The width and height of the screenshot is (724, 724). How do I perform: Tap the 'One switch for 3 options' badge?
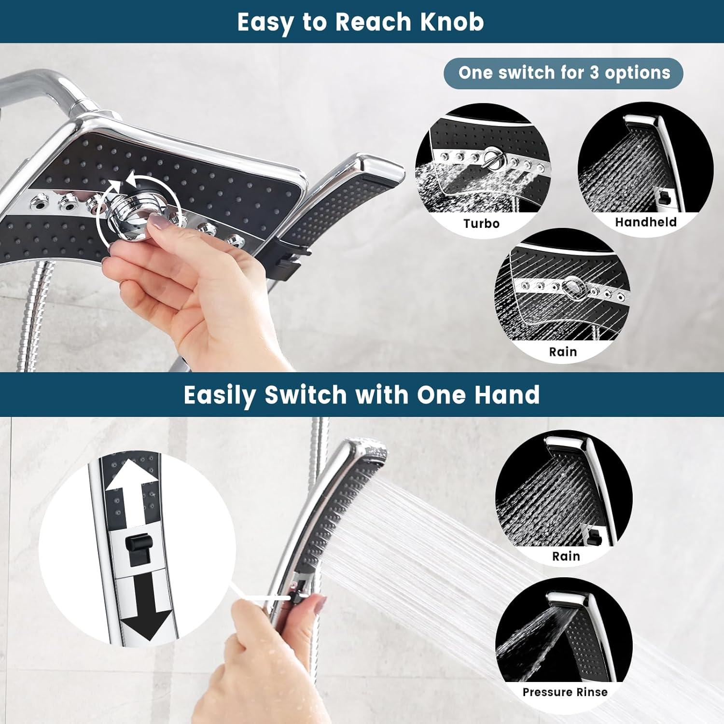coord(563,73)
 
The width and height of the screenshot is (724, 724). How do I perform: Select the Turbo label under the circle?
coord(481,223)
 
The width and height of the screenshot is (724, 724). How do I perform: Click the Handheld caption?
coord(645,222)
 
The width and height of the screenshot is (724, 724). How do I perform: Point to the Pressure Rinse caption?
coord(565,692)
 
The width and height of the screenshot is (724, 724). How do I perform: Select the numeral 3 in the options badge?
coord(594,73)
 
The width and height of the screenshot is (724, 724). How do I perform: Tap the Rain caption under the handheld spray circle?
coord(566,556)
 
